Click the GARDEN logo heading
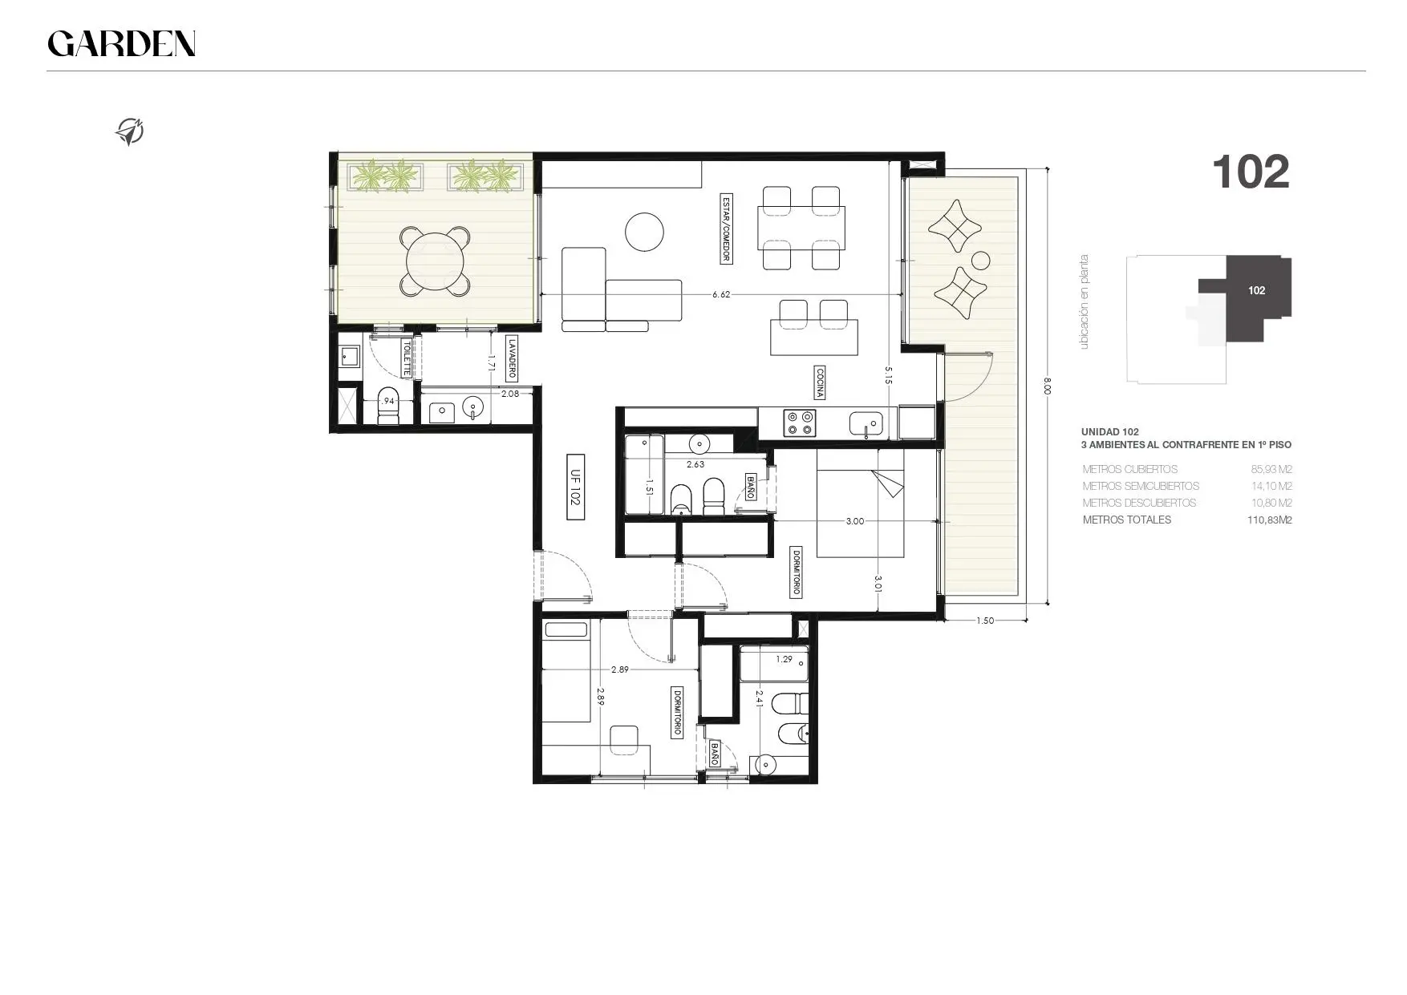(x=121, y=43)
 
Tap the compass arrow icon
(x=130, y=131)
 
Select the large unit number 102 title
(x=1251, y=172)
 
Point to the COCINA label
(x=820, y=383)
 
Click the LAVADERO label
(x=511, y=358)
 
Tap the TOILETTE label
(x=407, y=358)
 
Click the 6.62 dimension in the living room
(x=721, y=294)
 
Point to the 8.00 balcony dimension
(x=1048, y=386)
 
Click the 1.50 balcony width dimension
(x=985, y=620)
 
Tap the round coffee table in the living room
(x=644, y=233)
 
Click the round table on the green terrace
(x=435, y=261)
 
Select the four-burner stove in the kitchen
(x=799, y=423)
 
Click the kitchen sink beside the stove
(x=866, y=423)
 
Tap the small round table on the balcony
(x=980, y=261)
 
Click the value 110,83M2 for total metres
(x=1264, y=520)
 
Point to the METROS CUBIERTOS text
(x=1129, y=469)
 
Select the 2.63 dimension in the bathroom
(x=695, y=464)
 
